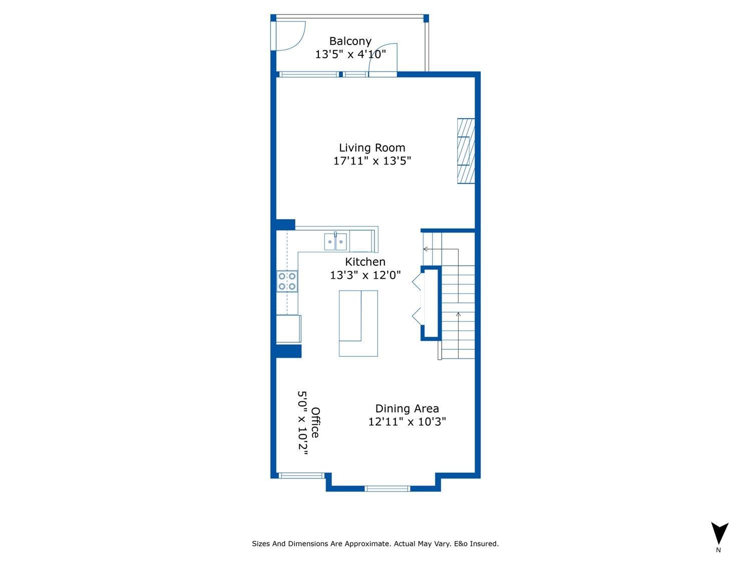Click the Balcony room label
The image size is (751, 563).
point(350,41)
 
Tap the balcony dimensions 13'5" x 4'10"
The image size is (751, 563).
point(350,54)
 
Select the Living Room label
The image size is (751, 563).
point(372,148)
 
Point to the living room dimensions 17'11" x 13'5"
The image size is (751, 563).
point(372,161)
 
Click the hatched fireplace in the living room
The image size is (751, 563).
point(466,151)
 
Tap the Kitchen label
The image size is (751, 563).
point(365,262)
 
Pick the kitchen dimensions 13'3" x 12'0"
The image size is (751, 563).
point(365,275)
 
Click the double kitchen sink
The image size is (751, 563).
point(335,242)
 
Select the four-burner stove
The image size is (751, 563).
point(287,281)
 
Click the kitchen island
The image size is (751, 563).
point(358,323)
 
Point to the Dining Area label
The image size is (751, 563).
point(407,408)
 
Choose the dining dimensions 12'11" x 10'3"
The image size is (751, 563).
point(407,421)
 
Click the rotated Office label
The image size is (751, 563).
point(315,422)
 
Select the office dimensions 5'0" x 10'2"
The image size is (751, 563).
point(302,422)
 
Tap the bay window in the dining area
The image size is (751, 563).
point(387,488)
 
